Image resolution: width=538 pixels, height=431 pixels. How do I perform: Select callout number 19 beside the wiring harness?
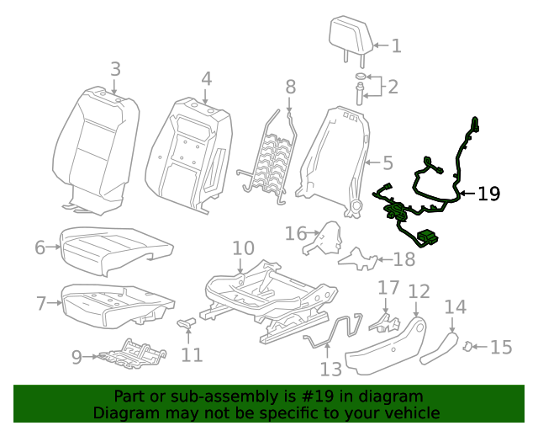[488, 194]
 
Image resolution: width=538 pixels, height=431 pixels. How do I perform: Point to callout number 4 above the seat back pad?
[206, 79]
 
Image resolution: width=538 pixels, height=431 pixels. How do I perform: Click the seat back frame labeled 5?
[336, 160]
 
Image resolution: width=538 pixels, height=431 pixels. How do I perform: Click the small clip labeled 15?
[473, 345]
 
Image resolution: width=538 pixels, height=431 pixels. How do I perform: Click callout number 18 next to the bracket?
[404, 260]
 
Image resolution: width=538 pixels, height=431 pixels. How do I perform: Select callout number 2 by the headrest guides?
[392, 86]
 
